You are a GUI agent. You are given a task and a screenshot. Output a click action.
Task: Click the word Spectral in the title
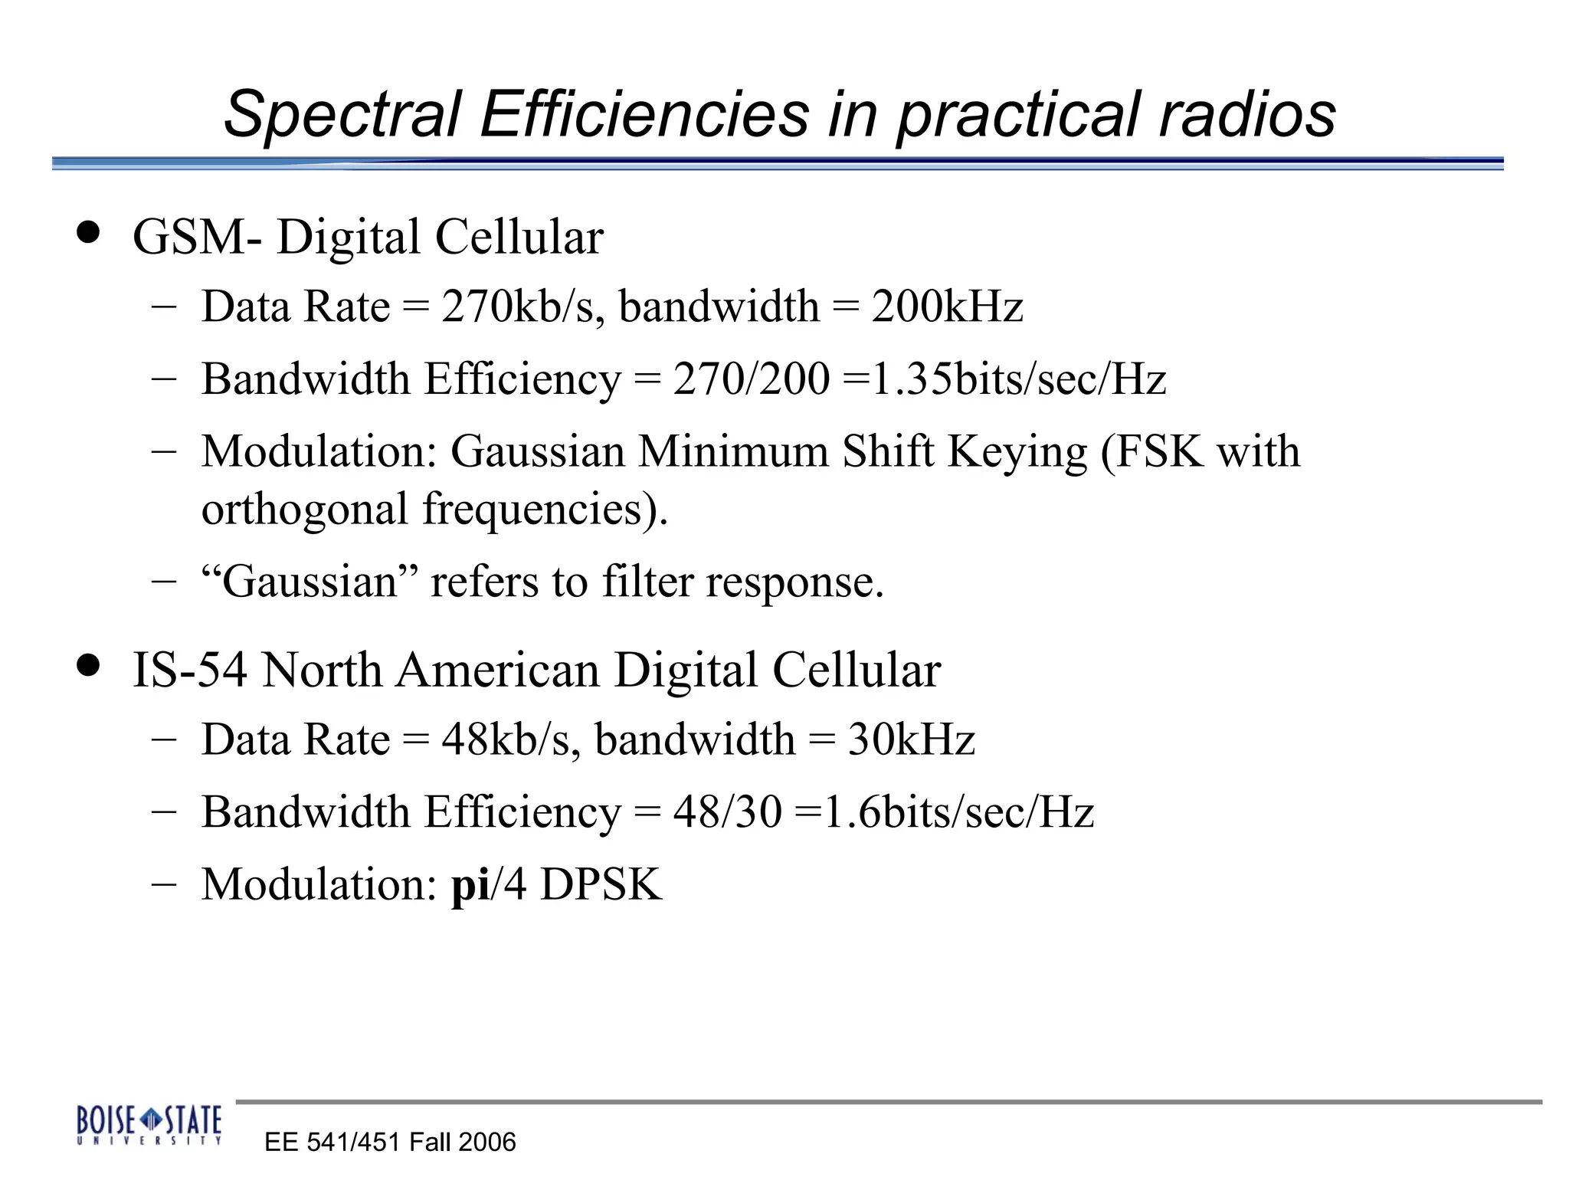(342, 115)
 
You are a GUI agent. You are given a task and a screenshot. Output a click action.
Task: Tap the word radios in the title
(1247, 115)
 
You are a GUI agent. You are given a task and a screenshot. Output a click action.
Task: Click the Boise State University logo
(149, 1125)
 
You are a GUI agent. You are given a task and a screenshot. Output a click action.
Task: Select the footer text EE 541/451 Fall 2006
(390, 1143)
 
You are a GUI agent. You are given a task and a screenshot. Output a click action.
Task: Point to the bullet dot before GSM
(89, 232)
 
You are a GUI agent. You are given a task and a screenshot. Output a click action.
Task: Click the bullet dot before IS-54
(89, 665)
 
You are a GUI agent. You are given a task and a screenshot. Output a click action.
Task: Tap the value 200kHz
(947, 307)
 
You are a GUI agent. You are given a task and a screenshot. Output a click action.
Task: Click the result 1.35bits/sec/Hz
(1019, 379)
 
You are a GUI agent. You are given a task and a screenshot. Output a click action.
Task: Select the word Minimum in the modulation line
(733, 451)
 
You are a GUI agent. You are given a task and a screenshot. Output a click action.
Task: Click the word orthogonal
(305, 510)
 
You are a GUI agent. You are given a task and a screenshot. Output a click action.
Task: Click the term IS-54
(190, 670)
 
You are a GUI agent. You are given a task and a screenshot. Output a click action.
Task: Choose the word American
(498, 670)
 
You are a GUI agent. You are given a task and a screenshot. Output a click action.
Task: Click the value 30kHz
(911, 739)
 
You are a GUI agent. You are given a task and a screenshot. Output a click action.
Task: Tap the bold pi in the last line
(470, 885)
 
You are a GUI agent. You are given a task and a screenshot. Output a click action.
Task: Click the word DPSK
(601, 885)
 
